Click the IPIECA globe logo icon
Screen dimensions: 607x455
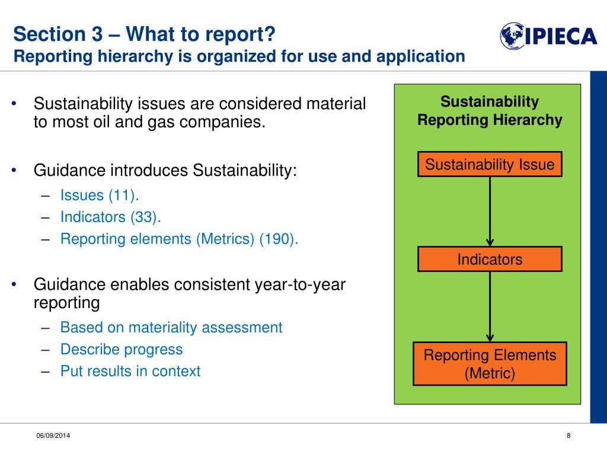coord(512,36)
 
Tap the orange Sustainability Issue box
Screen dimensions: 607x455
coord(490,164)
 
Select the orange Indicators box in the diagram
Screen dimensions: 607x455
coord(490,259)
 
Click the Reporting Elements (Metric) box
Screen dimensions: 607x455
coord(490,364)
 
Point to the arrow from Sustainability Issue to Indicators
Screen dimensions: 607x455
coord(490,212)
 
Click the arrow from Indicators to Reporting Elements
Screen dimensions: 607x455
coord(490,306)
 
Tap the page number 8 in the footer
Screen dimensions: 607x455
coord(568,435)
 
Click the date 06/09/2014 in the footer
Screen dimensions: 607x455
coord(53,435)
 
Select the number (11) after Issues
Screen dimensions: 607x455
coord(123,196)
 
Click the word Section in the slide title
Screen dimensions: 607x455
coord(50,34)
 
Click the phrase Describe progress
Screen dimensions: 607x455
coord(122,350)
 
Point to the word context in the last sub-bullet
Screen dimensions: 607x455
coord(176,371)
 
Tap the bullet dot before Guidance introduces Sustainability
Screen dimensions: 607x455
coord(14,170)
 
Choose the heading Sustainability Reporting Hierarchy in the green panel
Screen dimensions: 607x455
coord(490,111)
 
